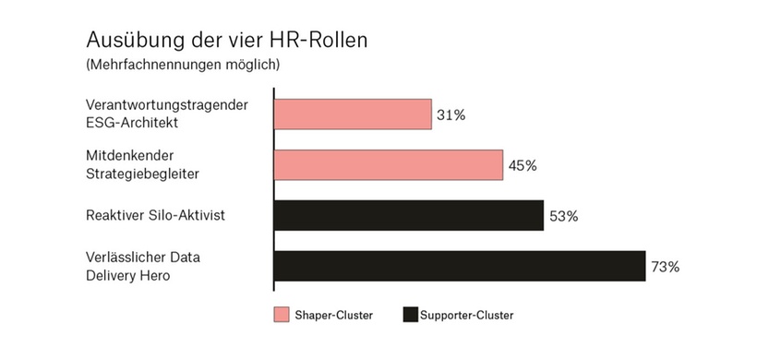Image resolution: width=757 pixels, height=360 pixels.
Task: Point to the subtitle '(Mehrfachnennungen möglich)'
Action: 182,66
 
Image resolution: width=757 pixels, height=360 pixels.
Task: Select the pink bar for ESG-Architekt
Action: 353,114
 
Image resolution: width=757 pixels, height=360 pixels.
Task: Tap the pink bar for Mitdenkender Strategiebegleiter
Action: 388,165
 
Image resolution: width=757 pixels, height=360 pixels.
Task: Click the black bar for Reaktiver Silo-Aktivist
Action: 408,215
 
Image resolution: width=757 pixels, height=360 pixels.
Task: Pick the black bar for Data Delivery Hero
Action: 459,266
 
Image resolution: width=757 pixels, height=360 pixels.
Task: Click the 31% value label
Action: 451,115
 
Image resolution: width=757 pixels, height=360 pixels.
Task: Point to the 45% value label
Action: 522,166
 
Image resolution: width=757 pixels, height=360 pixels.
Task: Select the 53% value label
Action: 563,216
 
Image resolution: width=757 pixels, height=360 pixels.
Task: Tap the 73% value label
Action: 665,267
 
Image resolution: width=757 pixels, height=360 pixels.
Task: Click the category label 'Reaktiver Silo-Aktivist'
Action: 154,216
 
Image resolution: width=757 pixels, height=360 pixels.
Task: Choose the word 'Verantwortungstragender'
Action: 166,105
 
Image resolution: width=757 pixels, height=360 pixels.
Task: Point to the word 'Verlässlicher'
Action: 126,257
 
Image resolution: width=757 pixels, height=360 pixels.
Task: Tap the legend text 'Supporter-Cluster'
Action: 466,316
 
